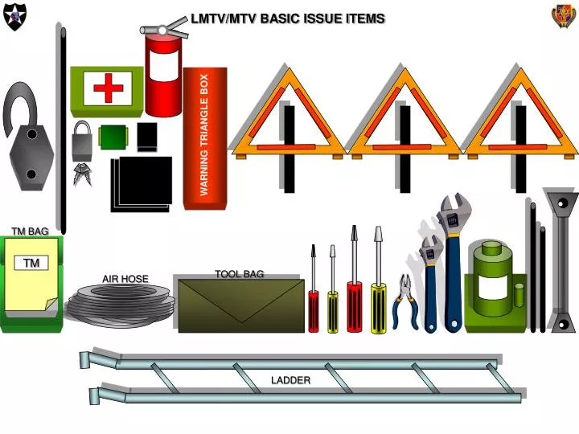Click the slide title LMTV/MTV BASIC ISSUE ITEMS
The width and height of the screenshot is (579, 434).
point(287,18)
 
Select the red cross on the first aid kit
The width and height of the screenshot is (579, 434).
point(108,88)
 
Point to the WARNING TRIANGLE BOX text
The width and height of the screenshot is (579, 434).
point(204,135)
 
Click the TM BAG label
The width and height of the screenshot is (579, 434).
point(30,231)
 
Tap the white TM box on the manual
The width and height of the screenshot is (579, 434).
point(31,264)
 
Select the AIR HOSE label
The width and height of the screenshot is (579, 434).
point(125,279)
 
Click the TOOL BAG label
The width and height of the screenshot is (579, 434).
point(239,274)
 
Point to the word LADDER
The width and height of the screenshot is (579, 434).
point(290,380)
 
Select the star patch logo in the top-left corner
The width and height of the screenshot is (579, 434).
point(15,15)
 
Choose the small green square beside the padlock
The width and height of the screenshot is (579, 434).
point(113,137)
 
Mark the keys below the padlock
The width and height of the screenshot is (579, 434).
point(81,174)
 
